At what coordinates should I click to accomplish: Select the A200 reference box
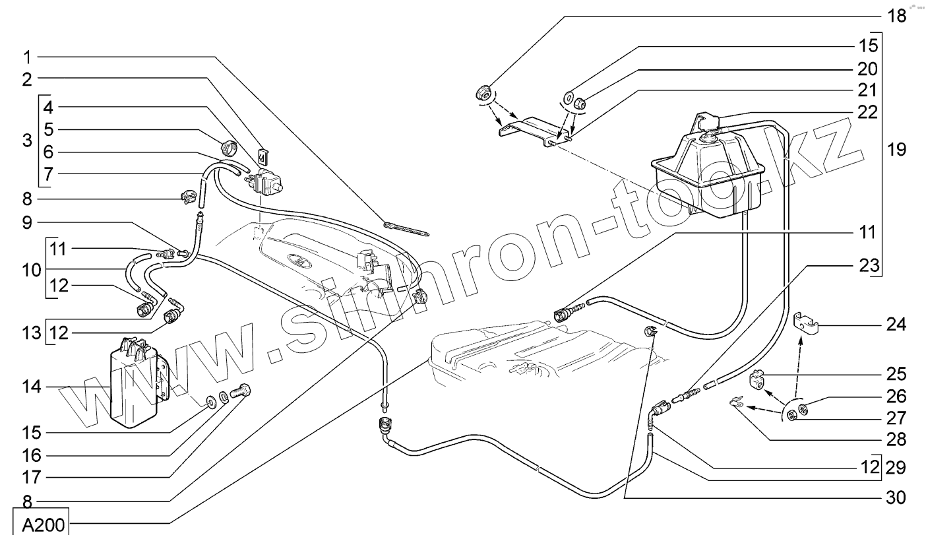40,526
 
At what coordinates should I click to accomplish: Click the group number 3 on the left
26,140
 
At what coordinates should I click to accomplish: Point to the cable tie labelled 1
406,228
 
